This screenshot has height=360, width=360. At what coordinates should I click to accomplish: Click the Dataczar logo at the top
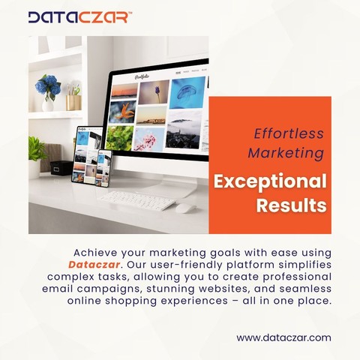[x=79, y=17]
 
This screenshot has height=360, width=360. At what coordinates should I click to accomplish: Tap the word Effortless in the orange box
[x=289, y=133]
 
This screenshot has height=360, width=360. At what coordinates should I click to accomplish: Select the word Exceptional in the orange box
[x=270, y=181]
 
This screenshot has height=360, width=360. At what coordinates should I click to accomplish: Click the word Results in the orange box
[x=292, y=205]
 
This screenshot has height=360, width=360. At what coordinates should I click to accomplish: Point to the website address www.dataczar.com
[x=283, y=337]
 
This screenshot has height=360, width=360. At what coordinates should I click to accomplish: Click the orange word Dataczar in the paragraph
[x=94, y=265]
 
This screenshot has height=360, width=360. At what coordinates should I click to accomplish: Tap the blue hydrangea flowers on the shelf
[x=48, y=85]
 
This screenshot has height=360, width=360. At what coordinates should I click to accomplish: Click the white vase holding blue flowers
[x=47, y=104]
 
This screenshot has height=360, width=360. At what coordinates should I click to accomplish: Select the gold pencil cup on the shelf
[x=73, y=103]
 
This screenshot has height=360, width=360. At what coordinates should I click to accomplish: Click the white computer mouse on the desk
[x=185, y=208]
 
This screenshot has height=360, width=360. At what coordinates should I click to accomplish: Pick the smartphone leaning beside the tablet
[x=103, y=168]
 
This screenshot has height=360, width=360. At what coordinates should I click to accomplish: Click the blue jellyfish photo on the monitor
[x=187, y=92]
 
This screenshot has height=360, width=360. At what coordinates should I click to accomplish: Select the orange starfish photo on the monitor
[x=122, y=112]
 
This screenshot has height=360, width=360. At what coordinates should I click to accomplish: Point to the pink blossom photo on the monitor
[x=149, y=139]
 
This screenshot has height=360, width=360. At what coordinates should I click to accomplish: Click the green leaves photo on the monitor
[x=119, y=138]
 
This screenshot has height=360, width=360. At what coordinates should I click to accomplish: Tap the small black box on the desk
[x=61, y=168]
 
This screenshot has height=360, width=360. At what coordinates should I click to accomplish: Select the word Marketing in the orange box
[x=286, y=153]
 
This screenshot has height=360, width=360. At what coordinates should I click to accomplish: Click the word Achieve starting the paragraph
[x=95, y=253]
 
